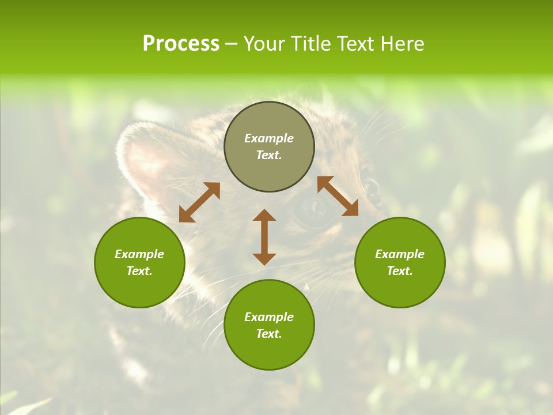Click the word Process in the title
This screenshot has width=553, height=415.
(x=181, y=44)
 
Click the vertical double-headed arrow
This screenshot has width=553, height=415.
(x=264, y=237)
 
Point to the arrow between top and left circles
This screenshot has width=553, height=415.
(x=199, y=202)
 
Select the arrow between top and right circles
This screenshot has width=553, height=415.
(x=338, y=196)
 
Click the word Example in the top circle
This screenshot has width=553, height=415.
(x=269, y=138)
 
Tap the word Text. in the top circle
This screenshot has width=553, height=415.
(x=269, y=155)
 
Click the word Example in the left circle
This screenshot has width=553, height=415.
(x=139, y=254)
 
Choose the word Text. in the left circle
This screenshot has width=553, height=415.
(x=139, y=271)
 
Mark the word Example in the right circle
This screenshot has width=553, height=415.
(x=400, y=254)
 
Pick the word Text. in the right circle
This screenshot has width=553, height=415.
(x=400, y=271)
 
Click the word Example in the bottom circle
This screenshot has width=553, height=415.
(x=269, y=317)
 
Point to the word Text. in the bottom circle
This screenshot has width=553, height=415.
(x=269, y=334)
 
